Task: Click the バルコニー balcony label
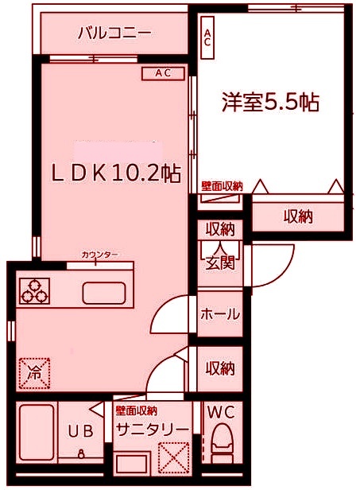(x=114, y=34)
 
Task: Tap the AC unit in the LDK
(x=163, y=73)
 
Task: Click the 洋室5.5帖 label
(x=271, y=103)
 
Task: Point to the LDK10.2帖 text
(x=115, y=173)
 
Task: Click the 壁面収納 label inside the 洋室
(x=222, y=185)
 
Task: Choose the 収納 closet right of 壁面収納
(x=298, y=216)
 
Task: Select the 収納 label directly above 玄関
(x=220, y=230)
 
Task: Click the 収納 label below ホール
(x=220, y=367)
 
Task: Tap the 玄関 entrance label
(x=220, y=263)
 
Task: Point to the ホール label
(x=219, y=314)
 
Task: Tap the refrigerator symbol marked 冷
(x=34, y=373)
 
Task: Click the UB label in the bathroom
(x=80, y=432)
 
